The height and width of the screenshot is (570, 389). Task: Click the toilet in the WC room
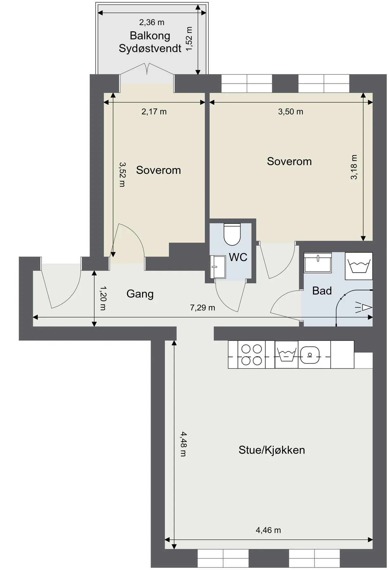click(232, 234)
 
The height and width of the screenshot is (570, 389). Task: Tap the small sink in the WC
click(218, 267)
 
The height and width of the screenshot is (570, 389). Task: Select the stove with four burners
click(252, 355)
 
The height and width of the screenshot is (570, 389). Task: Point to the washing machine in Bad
click(359, 266)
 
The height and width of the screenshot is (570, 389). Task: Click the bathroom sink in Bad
click(318, 263)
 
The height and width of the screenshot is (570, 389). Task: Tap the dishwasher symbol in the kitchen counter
click(287, 355)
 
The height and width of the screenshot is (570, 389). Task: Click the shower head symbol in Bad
click(364, 307)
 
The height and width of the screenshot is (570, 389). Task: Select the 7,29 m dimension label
click(203, 308)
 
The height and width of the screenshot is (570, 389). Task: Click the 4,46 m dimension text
click(268, 530)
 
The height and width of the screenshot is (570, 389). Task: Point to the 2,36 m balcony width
click(152, 22)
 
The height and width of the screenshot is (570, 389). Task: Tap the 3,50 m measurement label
click(291, 111)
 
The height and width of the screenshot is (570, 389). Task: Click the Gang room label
click(140, 294)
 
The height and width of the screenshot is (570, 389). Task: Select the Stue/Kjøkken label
click(272, 450)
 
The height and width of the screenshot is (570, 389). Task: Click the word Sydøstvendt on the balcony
click(150, 48)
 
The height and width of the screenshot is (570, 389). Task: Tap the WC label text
click(238, 257)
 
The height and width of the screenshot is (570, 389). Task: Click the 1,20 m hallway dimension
click(103, 298)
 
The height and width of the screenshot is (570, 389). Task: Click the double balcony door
click(147, 73)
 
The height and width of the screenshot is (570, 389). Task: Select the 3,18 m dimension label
click(354, 167)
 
